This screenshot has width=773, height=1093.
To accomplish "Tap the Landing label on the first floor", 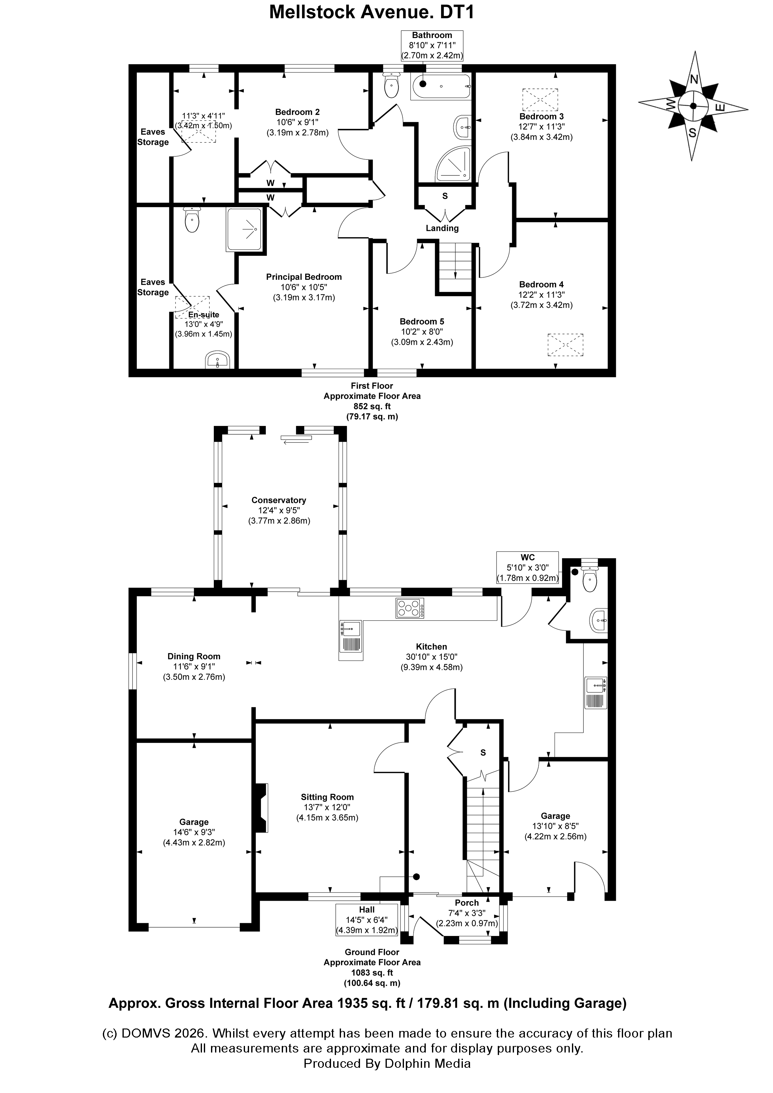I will coord(442,228).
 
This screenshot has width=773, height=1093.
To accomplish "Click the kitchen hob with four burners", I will coord(410,609).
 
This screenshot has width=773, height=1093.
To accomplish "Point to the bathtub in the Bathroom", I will coord(440,86).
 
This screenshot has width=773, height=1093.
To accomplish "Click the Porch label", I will coord(467,903).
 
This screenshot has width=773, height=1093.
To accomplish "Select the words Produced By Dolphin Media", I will coord(387,1063).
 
